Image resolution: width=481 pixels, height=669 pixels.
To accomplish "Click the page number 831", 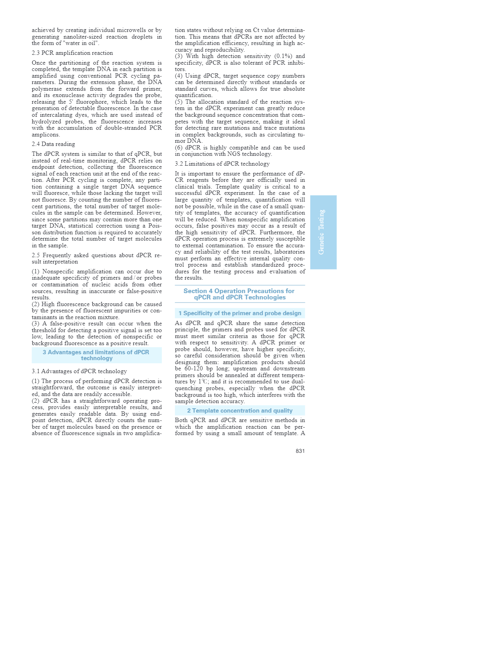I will (x=300, y=451).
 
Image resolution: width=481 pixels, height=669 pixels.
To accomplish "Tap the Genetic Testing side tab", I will (x=323, y=232).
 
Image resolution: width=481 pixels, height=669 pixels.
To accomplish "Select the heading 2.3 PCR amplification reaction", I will (x=72, y=53).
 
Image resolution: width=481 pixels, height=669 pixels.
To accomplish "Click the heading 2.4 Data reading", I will (x=53, y=144).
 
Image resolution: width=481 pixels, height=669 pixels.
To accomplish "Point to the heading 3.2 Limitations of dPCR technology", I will (x=222, y=164).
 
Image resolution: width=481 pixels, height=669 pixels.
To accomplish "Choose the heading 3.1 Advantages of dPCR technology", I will (x=79, y=371).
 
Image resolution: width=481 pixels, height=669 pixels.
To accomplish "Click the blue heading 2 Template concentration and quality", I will (x=240, y=411).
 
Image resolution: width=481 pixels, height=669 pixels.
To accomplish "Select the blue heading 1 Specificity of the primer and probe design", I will (x=240, y=313).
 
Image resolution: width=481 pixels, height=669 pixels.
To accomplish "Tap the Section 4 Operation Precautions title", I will (x=239, y=294).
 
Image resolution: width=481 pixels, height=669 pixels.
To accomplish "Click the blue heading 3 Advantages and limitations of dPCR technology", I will (x=96, y=355).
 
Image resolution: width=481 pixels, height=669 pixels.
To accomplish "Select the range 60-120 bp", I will (x=198, y=369).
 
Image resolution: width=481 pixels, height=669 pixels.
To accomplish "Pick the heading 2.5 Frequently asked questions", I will (x=96, y=258).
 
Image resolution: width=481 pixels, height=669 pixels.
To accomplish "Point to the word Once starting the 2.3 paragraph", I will (x=39, y=63).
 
